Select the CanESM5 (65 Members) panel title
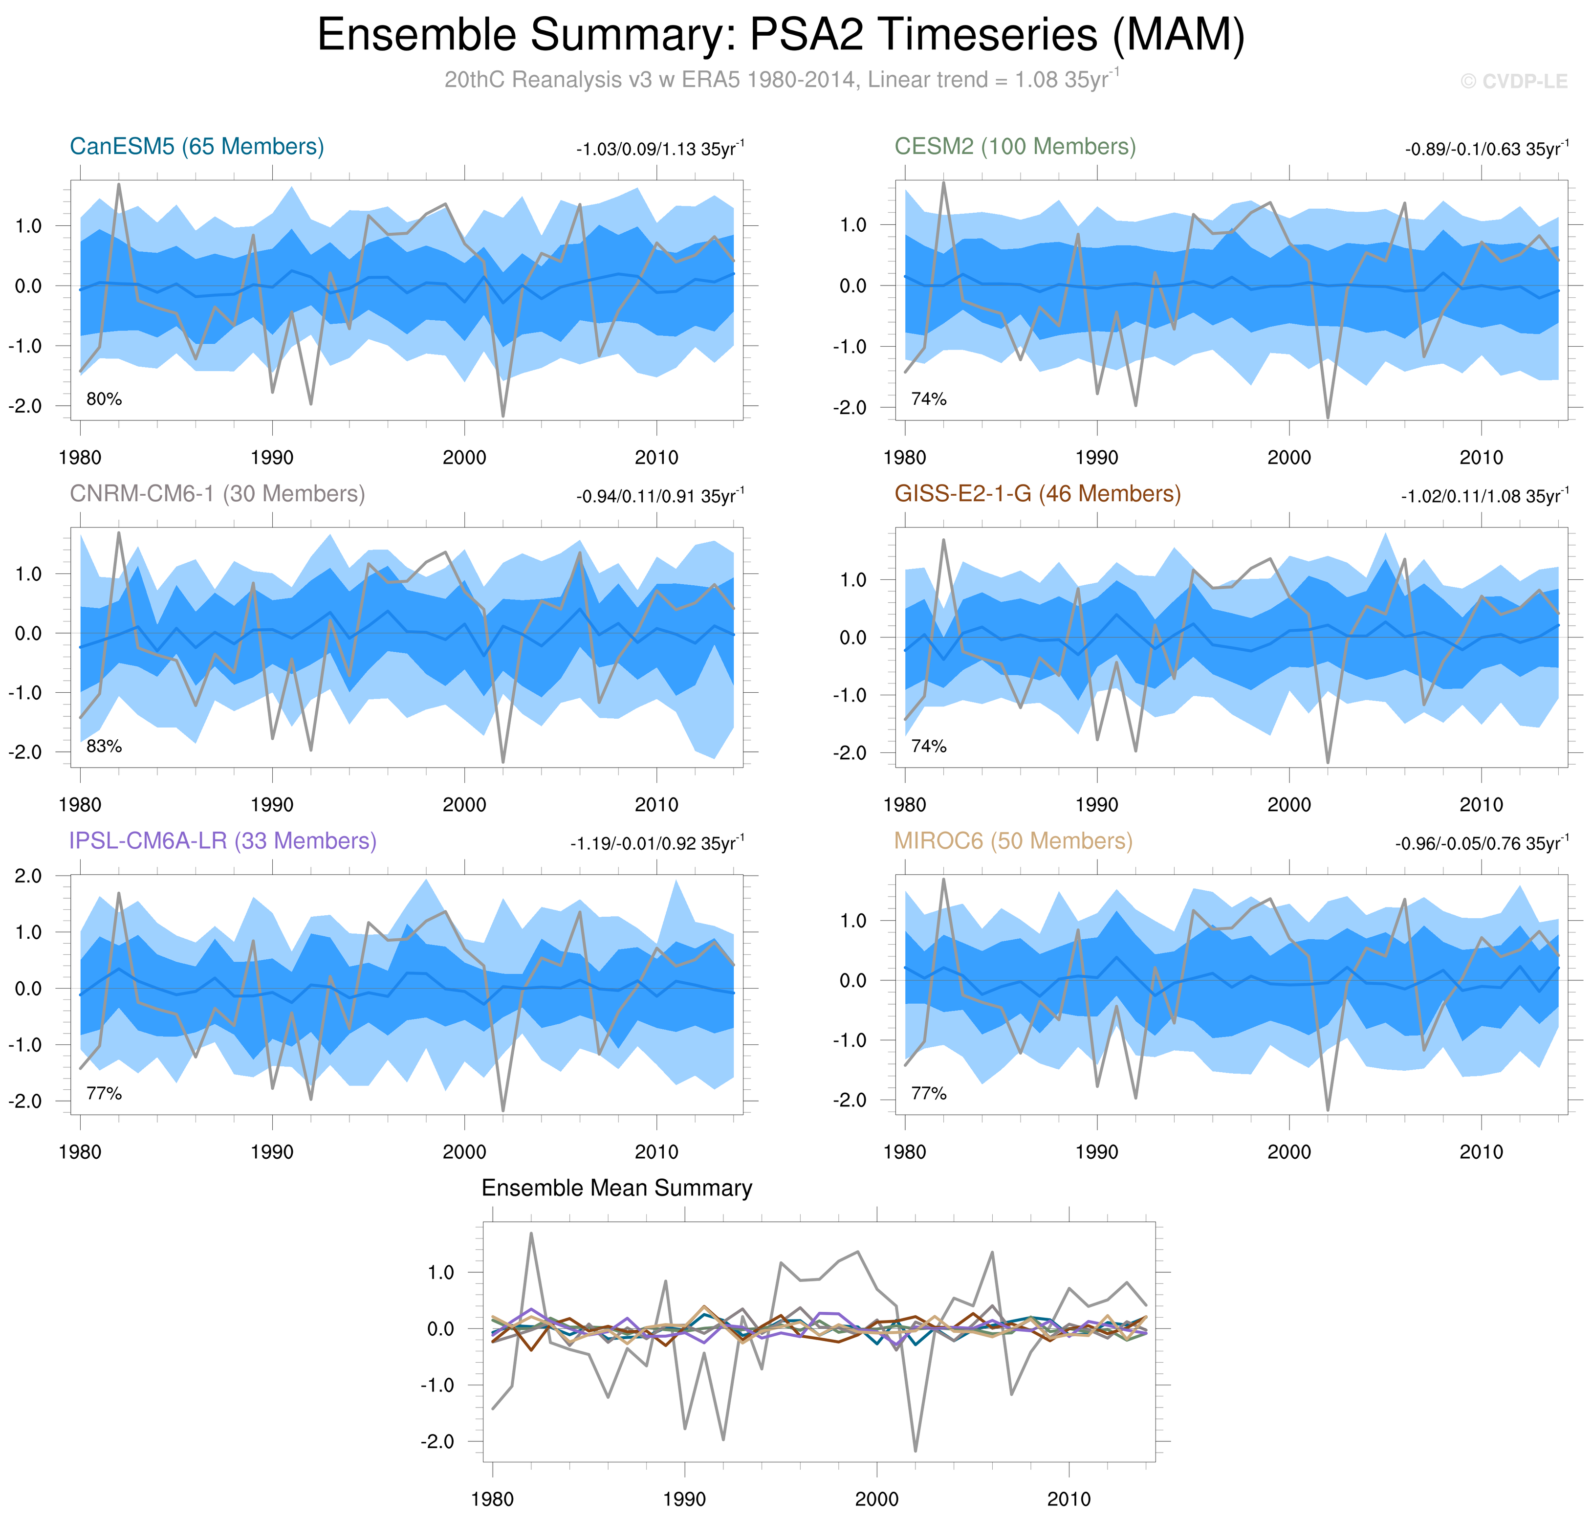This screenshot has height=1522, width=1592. pyautogui.click(x=197, y=147)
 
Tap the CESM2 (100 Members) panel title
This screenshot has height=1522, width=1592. pyautogui.click(x=1015, y=147)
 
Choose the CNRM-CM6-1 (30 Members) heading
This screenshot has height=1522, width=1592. pyautogui.click(x=218, y=494)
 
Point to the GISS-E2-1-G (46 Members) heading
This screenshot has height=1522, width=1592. pyautogui.click(x=1037, y=494)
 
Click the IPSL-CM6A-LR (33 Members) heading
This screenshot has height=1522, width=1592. pyautogui.click(x=223, y=841)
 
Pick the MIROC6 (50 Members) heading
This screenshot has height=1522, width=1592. pyautogui.click(x=1013, y=841)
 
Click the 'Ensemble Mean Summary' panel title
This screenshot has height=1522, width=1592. pyautogui.click(x=616, y=1189)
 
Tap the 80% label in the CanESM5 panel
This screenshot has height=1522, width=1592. pyautogui.click(x=104, y=399)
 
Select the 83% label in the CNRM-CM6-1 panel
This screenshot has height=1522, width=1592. pyautogui.click(x=104, y=747)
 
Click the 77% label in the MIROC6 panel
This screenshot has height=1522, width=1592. pyautogui.click(x=929, y=1094)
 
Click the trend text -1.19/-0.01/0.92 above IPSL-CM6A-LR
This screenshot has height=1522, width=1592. pyautogui.click(x=657, y=844)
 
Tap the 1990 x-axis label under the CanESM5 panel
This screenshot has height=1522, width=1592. pyautogui.click(x=272, y=458)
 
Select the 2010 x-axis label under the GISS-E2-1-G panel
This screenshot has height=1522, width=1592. pyautogui.click(x=1481, y=805)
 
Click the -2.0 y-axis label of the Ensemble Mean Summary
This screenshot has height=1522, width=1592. pyautogui.click(x=438, y=1442)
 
